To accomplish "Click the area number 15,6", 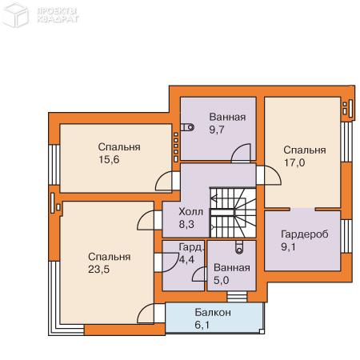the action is click(109, 160).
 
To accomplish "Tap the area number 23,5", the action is click(98, 270).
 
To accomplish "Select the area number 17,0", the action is click(294, 162).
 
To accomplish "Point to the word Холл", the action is click(191, 212).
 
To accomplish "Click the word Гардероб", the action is click(305, 234).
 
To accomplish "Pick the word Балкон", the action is click(213, 312).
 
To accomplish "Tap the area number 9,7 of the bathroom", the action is click(217, 130).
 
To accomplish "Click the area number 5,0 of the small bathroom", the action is click(222, 280).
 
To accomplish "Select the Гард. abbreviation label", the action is click(191, 247).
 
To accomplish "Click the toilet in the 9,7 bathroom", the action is click(187, 127).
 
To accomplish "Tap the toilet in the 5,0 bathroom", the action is click(239, 247).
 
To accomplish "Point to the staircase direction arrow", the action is click(214, 198).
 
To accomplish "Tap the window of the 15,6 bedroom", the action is click(54, 165).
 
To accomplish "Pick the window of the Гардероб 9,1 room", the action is click(346, 236).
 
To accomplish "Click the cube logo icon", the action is click(15, 15).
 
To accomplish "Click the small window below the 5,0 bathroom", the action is click(237, 297).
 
